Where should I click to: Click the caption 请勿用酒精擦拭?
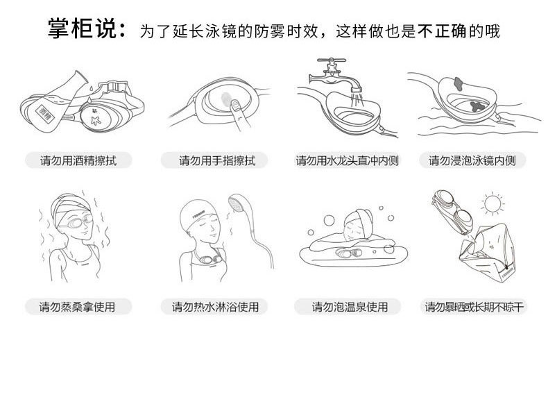(x=78, y=160)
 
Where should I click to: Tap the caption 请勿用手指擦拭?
(x=217, y=160)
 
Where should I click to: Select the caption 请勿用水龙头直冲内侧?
(x=348, y=160)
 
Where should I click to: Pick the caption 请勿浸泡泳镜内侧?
(x=472, y=160)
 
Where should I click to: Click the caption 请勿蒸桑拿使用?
(x=77, y=307)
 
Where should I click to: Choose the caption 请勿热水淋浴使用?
(x=215, y=307)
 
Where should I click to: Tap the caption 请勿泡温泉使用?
(x=350, y=307)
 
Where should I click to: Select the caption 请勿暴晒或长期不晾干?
(x=474, y=307)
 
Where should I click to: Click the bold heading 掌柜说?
(x=82, y=28)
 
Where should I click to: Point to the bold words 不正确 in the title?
(x=442, y=31)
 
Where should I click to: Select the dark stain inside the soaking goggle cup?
(x=477, y=106)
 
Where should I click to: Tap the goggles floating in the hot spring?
(x=348, y=253)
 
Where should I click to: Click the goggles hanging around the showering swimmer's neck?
(x=207, y=259)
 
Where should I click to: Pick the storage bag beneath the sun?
(x=487, y=252)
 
